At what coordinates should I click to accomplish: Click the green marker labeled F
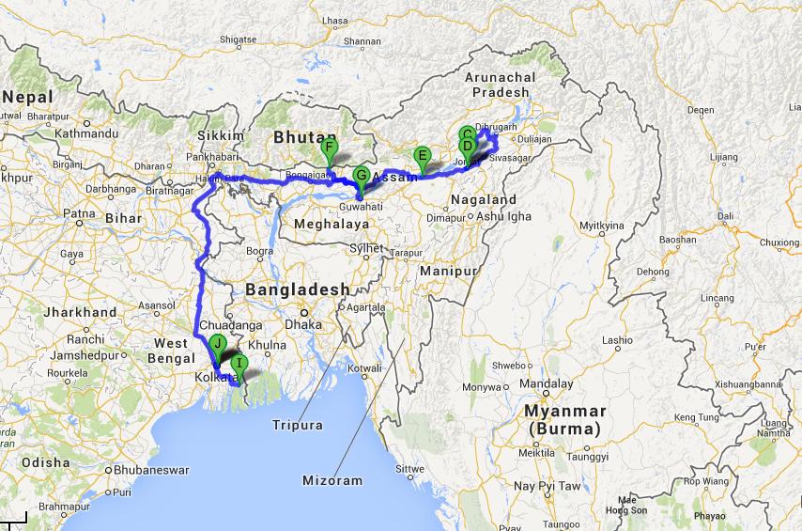pos(329,149)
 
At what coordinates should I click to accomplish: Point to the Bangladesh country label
pos(297,290)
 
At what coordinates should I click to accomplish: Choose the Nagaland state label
pos(484,200)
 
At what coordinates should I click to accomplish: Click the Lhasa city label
pos(334,20)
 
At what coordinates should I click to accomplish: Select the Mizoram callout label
pos(332,480)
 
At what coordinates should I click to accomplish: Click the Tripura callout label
pos(299,425)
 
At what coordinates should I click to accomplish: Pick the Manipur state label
pos(455,271)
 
